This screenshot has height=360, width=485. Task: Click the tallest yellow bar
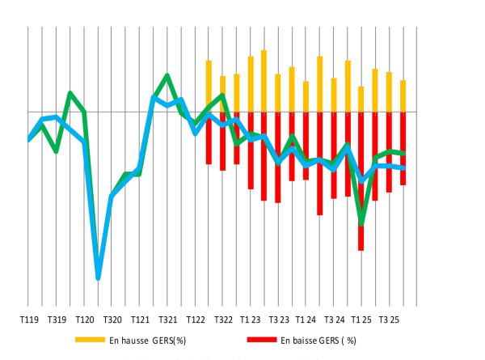pos(264,80)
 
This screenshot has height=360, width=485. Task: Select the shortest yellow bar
pos(361,99)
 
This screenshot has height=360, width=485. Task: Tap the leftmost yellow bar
pos(209,85)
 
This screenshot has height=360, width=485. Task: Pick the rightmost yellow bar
pos(403,95)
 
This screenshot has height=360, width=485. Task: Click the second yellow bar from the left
pos(222,93)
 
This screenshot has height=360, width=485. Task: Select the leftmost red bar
pos(209,138)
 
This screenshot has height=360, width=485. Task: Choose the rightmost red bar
pos(403,149)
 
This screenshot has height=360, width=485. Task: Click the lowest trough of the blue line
pos(99,277)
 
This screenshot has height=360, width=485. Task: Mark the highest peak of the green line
pos(167,76)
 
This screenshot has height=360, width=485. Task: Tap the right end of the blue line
pos(403,168)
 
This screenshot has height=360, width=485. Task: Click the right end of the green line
pos(403,154)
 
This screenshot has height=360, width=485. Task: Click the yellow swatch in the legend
pos(90,340)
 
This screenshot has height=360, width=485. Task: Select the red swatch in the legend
pos(262,340)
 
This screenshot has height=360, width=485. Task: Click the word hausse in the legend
pos(135,341)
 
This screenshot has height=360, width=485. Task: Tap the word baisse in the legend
pos(306,341)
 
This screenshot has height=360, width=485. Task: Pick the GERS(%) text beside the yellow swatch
pos(169,341)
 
